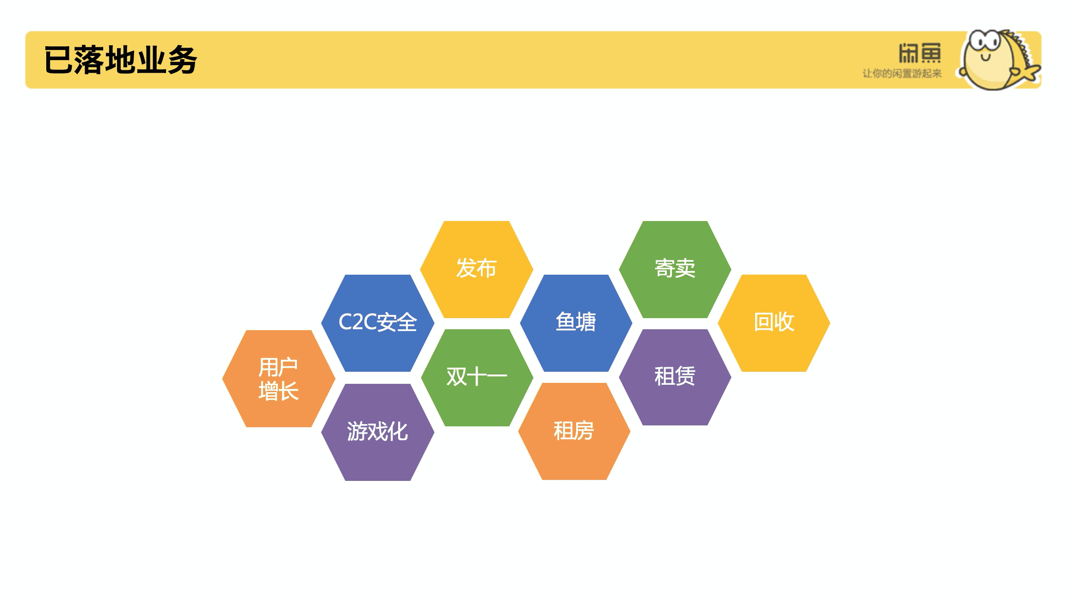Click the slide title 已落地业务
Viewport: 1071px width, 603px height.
pyautogui.click(x=121, y=60)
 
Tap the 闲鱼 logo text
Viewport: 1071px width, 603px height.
pyautogui.click(x=920, y=53)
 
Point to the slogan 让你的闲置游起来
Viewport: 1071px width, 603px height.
pyautogui.click(x=902, y=74)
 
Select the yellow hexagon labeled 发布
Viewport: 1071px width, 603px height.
pyautogui.click(x=476, y=269)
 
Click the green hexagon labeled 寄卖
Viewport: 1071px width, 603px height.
pyautogui.click(x=675, y=269)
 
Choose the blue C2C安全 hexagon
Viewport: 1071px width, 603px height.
pyautogui.click(x=378, y=323)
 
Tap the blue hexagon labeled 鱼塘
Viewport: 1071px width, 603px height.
pyautogui.click(x=576, y=323)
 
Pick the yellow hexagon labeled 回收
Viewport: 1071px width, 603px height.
pyautogui.click(x=774, y=323)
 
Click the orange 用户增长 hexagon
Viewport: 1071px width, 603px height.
pyautogui.click(x=278, y=378)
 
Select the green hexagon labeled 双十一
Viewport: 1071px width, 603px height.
pyautogui.click(x=477, y=377)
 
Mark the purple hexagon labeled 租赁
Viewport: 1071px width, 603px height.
pyautogui.click(x=675, y=377)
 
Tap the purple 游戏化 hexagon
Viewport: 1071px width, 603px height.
pyautogui.click(x=378, y=432)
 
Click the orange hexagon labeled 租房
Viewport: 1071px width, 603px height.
pyautogui.click(x=574, y=431)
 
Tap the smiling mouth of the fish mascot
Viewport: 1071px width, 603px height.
pyautogui.click(x=986, y=58)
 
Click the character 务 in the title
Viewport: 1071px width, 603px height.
pyautogui.click(x=183, y=60)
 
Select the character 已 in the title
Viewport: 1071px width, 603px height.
pyautogui.click(x=59, y=60)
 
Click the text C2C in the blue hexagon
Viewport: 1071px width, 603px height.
pyautogui.click(x=357, y=322)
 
